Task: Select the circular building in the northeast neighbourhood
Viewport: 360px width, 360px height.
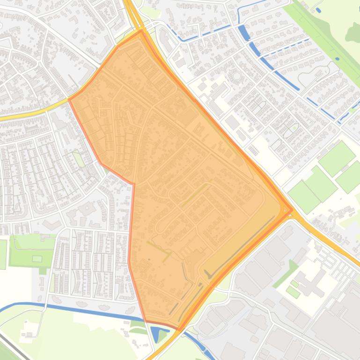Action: (236, 76)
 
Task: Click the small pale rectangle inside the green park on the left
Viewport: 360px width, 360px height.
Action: (37, 259)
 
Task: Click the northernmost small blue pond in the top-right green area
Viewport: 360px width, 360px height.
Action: (318, 10)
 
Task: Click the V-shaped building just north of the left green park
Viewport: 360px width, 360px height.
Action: (47, 238)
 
